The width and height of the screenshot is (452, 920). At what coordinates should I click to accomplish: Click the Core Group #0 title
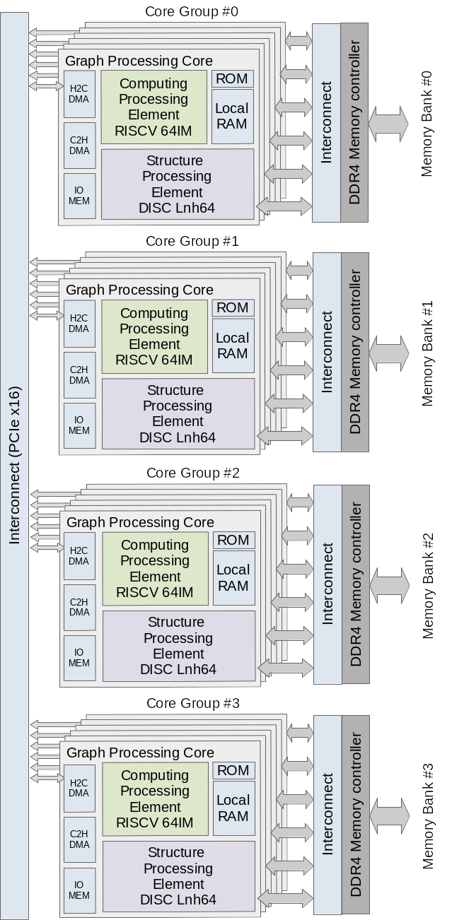[192, 11]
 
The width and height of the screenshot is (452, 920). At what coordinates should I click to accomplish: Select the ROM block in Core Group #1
[233, 307]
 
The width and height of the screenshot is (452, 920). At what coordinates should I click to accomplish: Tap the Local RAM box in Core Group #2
[233, 577]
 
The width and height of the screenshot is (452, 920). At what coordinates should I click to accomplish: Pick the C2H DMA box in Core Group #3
[79, 839]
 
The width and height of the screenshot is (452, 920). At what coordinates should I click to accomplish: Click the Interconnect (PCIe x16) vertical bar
[15, 466]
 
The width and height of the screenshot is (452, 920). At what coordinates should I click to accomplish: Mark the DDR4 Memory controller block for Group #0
[354, 122]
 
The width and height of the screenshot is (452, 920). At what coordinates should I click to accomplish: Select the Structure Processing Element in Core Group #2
[178, 646]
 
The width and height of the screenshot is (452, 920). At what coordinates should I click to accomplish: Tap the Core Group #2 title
[193, 473]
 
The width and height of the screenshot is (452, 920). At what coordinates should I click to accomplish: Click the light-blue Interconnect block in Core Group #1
[327, 352]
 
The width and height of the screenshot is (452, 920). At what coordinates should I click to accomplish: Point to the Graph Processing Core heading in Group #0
[139, 61]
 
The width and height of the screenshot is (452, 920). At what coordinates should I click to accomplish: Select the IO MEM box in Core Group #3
[79, 890]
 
